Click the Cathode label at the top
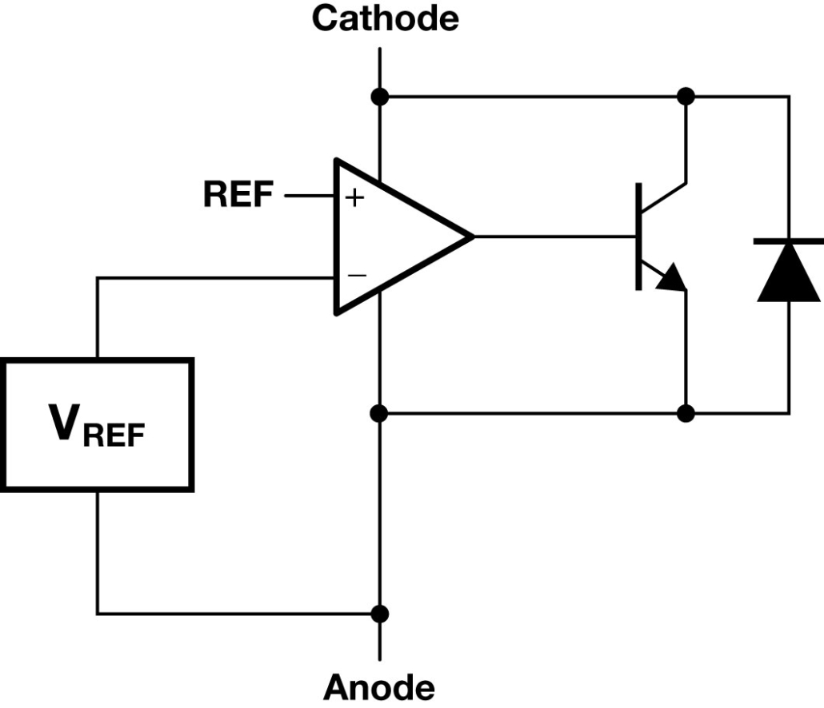coord(385,18)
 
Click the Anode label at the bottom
coord(379,687)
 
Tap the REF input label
coord(238,195)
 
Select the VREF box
coord(98,424)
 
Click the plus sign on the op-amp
coord(354,198)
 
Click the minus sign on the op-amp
coord(357,275)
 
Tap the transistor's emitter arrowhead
coord(672,276)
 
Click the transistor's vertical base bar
coord(638,237)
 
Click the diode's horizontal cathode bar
coord(788,241)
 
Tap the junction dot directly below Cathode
coord(379,97)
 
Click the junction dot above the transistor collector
coord(686,97)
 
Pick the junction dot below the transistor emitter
coord(686,414)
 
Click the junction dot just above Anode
coord(379,614)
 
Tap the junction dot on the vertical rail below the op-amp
coord(379,414)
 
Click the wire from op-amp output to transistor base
coord(555,237)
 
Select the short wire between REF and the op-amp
coord(310,196)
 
